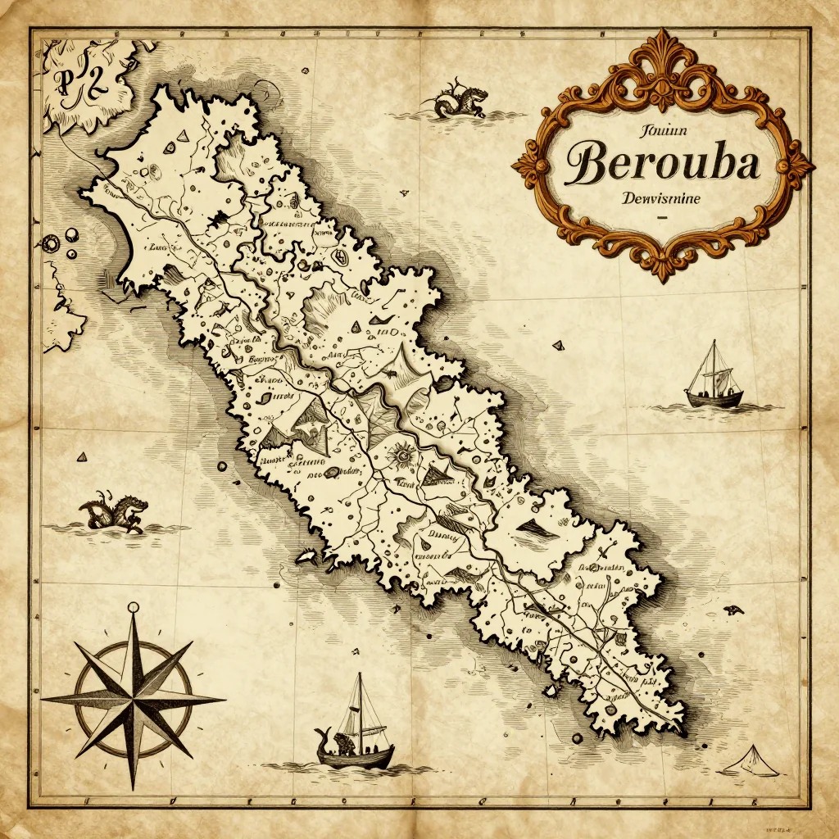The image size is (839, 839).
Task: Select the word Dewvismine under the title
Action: coord(663,198)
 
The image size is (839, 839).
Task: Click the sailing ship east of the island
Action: coord(714,381)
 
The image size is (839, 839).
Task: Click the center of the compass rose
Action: coord(133,700)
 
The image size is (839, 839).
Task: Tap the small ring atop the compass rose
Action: coord(133,608)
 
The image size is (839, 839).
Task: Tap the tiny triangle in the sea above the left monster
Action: coord(82,456)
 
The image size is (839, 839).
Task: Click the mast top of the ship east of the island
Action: coord(713,342)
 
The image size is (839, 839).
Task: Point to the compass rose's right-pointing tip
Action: coord(223,700)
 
